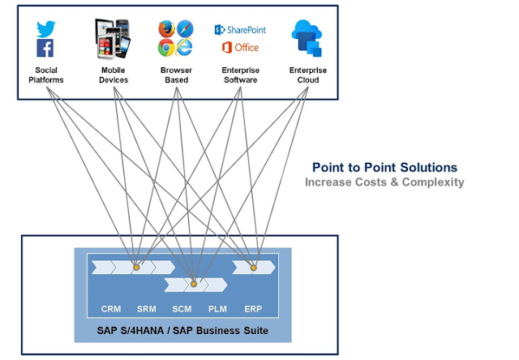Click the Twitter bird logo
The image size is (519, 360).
click(x=45, y=29)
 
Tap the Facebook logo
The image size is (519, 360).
click(x=45, y=49)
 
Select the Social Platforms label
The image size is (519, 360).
click(x=45, y=75)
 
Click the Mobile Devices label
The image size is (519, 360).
click(x=114, y=75)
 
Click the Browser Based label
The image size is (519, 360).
click(x=177, y=75)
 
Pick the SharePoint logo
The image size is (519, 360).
click(x=240, y=30)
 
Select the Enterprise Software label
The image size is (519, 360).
click(x=240, y=75)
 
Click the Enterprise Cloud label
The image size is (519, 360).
click(x=308, y=75)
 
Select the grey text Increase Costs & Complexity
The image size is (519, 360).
click(x=384, y=182)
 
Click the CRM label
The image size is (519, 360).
click(x=111, y=309)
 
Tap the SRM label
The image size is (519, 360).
click(x=147, y=309)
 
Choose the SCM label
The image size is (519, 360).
click(x=182, y=309)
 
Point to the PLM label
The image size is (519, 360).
click(x=217, y=309)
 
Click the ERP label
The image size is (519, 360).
click(x=253, y=309)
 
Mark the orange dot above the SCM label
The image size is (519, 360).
click(x=194, y=284)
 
